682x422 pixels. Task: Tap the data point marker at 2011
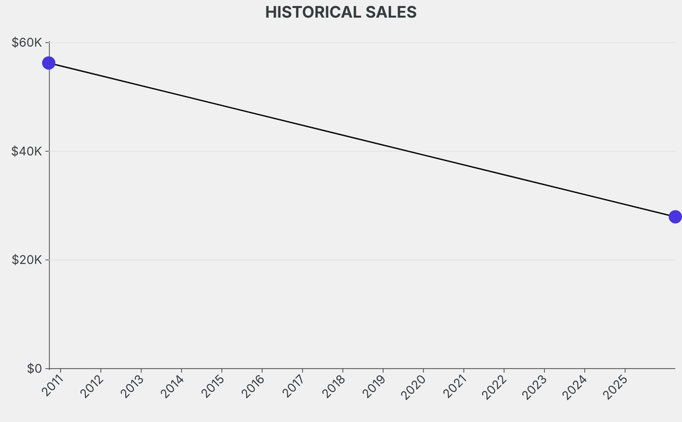[x=49, y=63]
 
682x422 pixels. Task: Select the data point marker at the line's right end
[x=675, y=216]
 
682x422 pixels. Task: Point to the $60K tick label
[x=27, y=43]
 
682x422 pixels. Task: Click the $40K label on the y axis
[x=27, y=151]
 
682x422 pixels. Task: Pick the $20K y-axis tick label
[x=27, y=260]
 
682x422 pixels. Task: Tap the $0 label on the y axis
[x=35, y=368]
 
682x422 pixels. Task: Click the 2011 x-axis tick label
[x=51, y=387]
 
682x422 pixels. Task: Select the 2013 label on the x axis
[x=132, y=387]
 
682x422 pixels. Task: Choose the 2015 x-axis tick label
[x=212, y=387]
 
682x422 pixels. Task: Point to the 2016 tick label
[x=253, y=387]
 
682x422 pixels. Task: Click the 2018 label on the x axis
[x=334, y=387]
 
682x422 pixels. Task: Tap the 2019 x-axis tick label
[x=374, y=387]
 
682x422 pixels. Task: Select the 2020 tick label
[x=414, y=387]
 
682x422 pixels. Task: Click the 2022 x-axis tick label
[x=495, y=387]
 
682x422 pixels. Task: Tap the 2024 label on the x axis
[x=575, y=387]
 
